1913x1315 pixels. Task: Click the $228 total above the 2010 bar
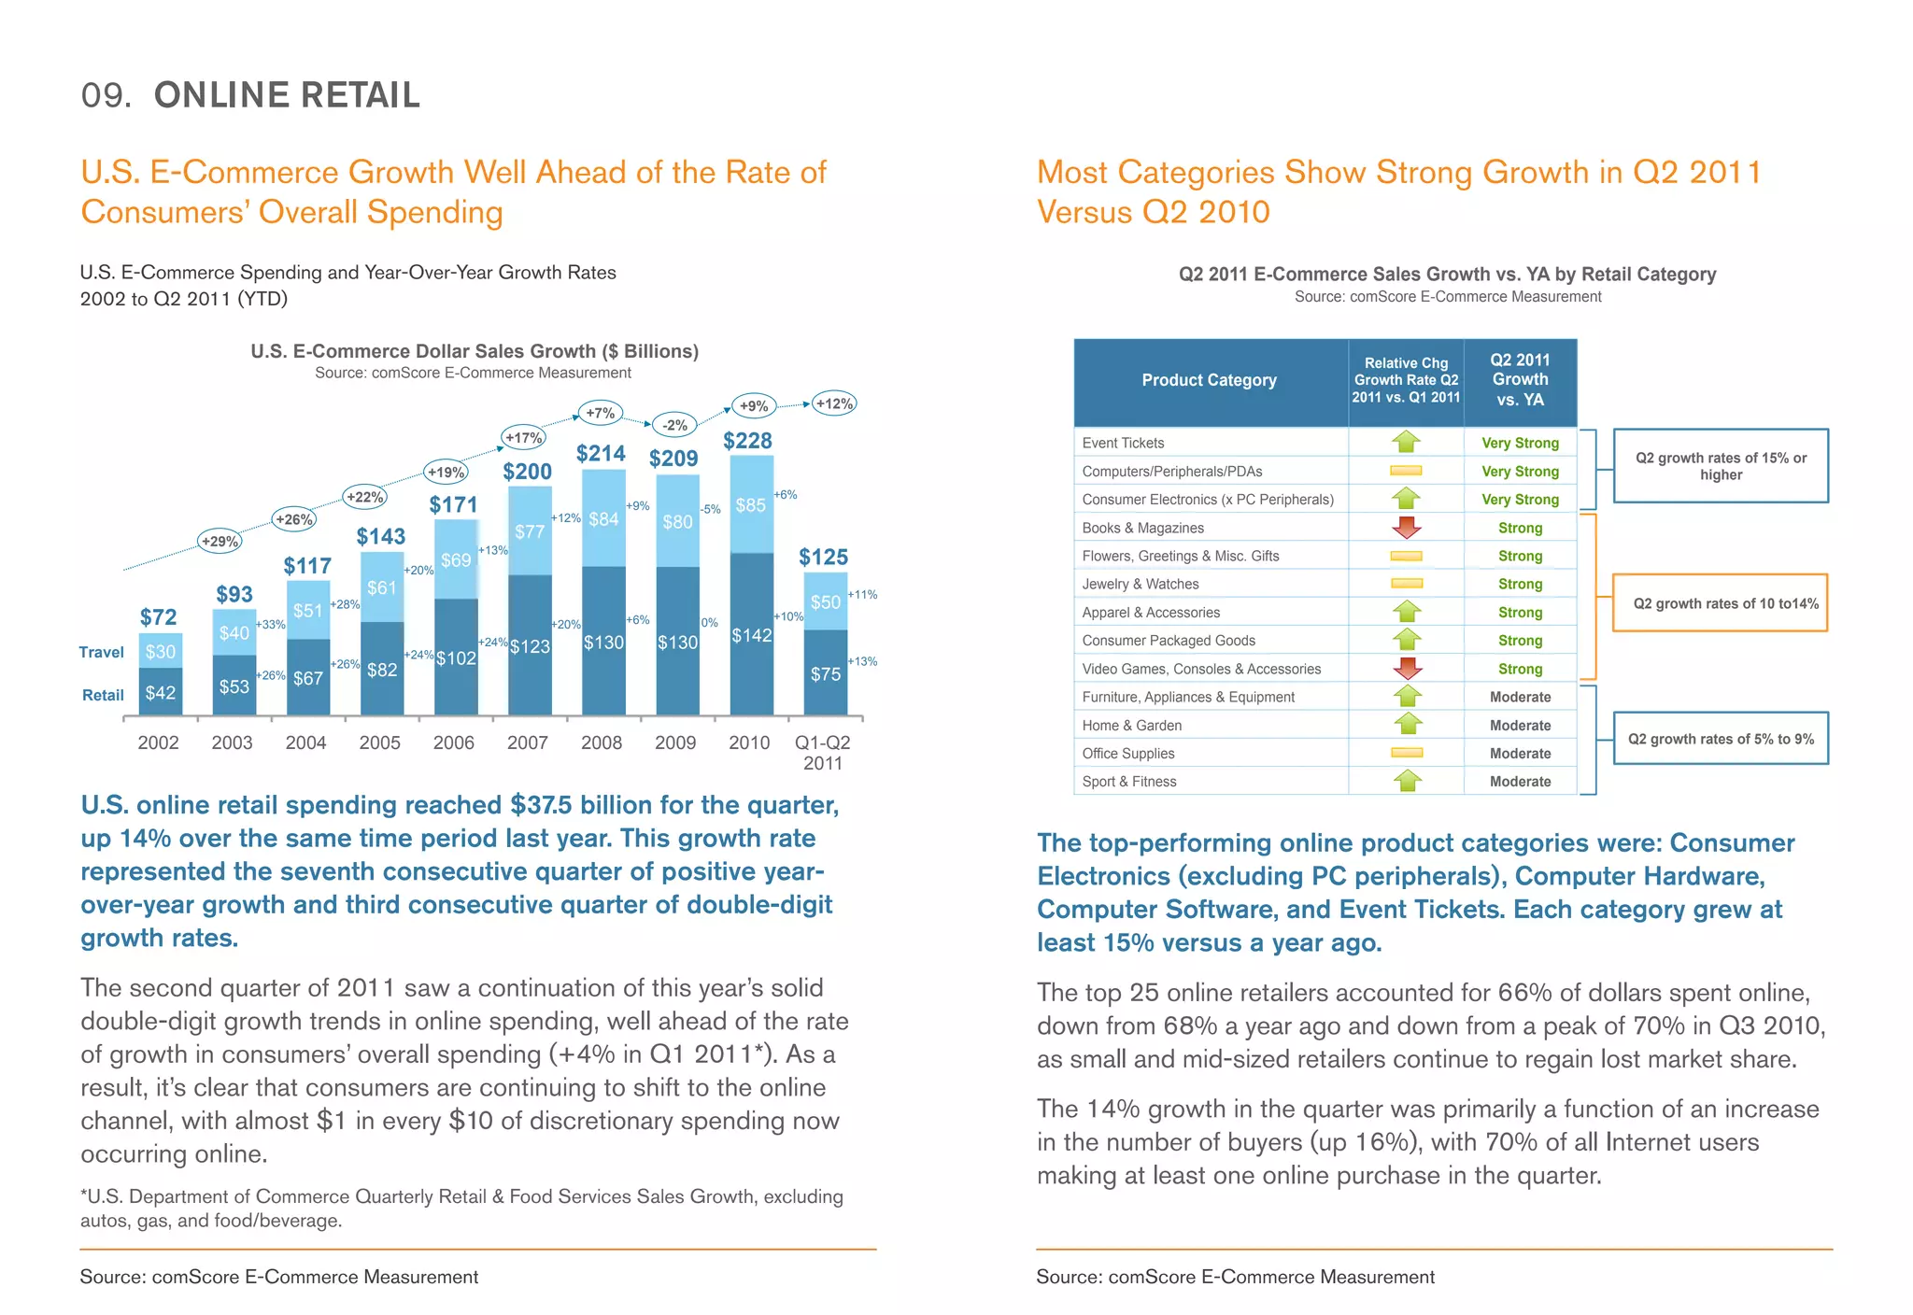[747, 440]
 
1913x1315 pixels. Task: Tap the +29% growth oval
[220, 541]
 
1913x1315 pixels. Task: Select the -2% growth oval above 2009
[674, 425]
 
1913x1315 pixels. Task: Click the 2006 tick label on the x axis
[453, 742]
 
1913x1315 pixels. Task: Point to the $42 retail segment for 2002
[161, 692]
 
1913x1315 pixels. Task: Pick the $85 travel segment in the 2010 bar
[751, 505]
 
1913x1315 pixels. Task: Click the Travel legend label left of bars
[101, 652]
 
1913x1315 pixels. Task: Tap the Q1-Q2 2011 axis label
[822, 752]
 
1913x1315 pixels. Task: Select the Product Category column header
[1209, 380]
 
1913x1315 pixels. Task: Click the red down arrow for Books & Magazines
[1406, 528]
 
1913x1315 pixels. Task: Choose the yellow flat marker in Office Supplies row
[1406, 753]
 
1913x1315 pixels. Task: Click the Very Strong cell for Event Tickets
[1520, 443]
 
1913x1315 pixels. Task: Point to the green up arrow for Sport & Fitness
[1407, 781]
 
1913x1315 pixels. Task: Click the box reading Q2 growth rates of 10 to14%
[1720, 603]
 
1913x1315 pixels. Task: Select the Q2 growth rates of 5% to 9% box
[1721, 739]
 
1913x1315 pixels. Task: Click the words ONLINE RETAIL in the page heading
[287, 95]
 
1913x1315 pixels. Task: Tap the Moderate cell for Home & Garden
[1520, 725]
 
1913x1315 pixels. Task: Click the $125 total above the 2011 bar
[823, 558]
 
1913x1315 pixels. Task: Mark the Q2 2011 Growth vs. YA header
[1520, 380]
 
